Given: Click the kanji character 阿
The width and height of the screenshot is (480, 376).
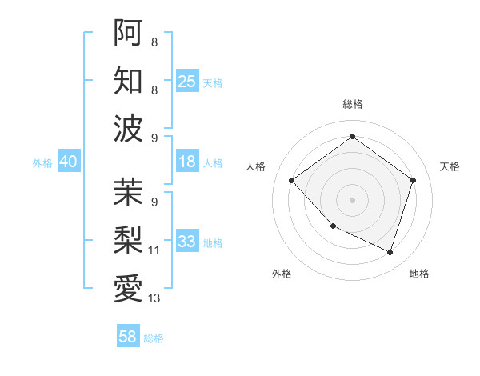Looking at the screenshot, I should coord(128,33).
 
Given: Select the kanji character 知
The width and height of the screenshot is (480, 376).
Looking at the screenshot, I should coord(128,80).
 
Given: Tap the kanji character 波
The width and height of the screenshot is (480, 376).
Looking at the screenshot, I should coord(128,128).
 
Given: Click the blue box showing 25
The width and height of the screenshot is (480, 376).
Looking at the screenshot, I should coord(187,81).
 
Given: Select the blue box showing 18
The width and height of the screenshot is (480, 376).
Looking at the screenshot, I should coord(187,162).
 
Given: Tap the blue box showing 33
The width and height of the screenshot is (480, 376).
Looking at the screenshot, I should coord(187,242).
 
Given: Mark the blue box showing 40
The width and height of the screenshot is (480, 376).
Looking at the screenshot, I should coord(68,162).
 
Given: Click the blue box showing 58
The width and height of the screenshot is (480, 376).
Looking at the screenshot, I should coord(128,337).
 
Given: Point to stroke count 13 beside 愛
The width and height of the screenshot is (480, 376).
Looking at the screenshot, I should coord(154,298).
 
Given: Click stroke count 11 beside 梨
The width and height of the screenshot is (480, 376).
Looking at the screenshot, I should coord(154,250).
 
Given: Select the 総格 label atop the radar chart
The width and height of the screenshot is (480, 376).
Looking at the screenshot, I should coord(352,105).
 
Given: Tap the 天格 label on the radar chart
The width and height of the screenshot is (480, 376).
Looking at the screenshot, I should coord(450,166).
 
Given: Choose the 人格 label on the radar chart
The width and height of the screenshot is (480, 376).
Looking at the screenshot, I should coord(256,166).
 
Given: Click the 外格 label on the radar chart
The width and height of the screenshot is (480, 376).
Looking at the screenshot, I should coord(282,274).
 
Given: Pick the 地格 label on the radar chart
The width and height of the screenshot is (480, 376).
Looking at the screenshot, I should coord(419,274).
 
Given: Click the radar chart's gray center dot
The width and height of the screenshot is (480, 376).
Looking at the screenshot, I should coord(352,199).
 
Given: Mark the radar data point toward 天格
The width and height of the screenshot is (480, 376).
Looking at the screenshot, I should coord(413,180).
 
